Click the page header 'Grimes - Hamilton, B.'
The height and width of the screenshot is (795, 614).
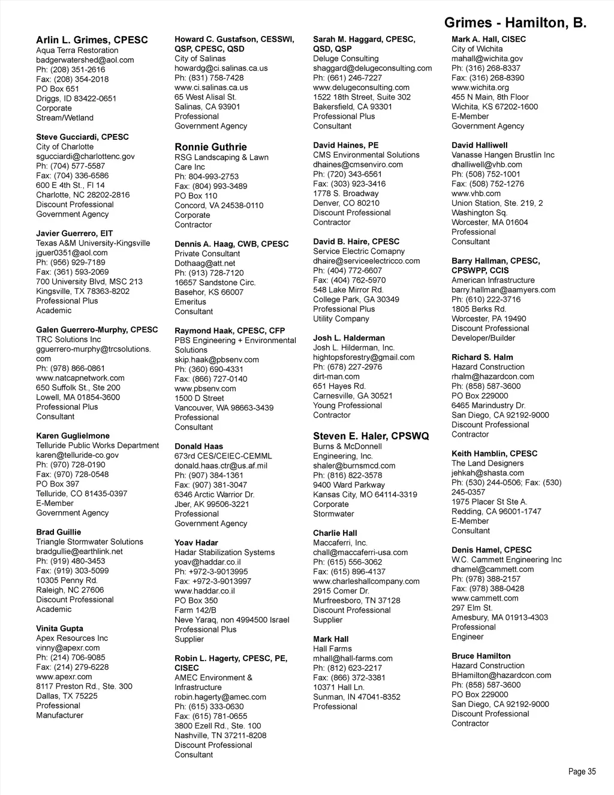(x=515, y=23)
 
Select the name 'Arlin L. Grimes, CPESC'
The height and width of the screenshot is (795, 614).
(x=92, y=40)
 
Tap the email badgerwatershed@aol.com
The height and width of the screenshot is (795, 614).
(x=85, y=60)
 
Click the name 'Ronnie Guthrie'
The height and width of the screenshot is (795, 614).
(x=210, y=147)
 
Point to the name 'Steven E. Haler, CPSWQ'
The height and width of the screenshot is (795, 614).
(x=371, y=436)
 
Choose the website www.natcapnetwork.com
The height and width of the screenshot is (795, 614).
(x=80, y=378)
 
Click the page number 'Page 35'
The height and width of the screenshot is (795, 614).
(x=582, y=772)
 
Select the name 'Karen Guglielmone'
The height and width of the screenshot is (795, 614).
(x=73, y=436)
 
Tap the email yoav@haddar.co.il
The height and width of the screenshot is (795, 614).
(x=207, y=562)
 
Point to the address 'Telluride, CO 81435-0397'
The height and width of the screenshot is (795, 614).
(x=82, y=494)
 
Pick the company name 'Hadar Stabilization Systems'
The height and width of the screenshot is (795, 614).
(x=224, y=553)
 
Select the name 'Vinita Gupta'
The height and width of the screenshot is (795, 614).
(x=59, y=629)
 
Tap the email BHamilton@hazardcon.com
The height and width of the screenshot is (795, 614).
(x=501, y=676)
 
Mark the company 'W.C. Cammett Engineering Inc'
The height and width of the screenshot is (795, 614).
(x=507, y=560)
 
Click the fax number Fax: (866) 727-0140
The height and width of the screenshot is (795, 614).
(x=210, y=379)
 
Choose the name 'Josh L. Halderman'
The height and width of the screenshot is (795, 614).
(x=349, y=338)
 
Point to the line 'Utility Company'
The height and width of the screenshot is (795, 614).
(x=341, y=319)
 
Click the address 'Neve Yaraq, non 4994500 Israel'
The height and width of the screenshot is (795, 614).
(x=231, y=620)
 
